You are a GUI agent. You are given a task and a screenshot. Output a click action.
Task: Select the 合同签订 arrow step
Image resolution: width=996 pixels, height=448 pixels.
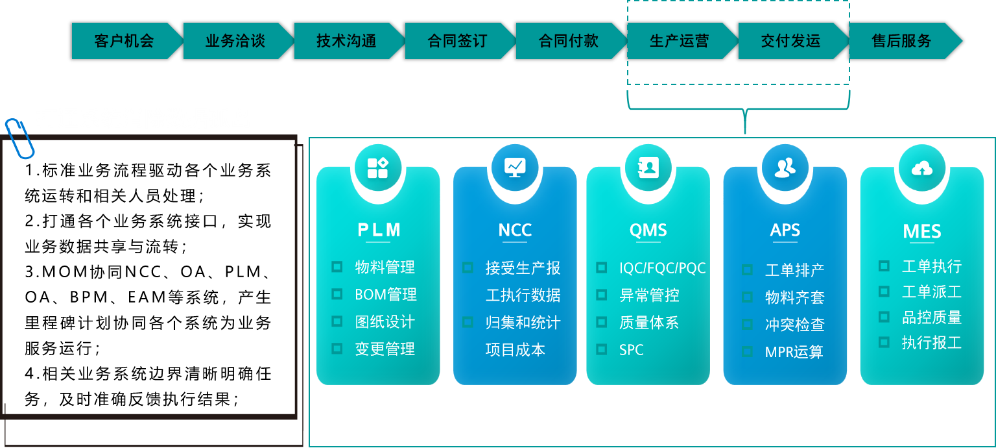457,41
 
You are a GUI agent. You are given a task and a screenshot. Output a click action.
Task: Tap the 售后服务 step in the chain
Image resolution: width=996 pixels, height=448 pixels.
901,41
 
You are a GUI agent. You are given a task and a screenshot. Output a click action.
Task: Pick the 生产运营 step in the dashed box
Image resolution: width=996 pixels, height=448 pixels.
679,41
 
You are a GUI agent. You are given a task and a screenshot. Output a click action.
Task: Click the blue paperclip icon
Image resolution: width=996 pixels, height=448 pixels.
19,138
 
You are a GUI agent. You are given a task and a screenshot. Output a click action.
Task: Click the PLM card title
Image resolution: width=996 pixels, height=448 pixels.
379,230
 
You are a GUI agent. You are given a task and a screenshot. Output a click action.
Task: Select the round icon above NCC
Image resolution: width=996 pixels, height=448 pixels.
516,168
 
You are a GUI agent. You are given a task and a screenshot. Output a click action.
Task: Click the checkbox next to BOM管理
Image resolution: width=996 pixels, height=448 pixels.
337,294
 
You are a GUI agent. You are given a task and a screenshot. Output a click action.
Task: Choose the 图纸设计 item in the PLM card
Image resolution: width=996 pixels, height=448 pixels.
385,322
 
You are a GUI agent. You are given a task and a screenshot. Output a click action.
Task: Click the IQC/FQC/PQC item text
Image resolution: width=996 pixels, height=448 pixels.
662,268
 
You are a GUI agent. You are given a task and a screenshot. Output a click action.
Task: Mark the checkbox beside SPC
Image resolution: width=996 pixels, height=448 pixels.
602,349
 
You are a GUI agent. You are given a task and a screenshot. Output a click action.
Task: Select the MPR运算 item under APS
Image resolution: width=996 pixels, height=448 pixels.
794,352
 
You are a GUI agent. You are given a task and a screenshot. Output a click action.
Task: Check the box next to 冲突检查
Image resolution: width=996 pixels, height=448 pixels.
748,324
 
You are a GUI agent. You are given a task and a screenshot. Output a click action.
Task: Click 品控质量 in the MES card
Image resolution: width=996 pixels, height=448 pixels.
931,317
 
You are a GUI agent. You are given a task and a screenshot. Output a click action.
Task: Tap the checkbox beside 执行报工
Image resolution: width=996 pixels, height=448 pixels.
884,342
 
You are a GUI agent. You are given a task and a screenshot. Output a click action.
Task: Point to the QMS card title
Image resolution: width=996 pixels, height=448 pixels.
648,230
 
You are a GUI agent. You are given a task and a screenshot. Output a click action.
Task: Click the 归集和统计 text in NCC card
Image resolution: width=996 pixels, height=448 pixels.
523,323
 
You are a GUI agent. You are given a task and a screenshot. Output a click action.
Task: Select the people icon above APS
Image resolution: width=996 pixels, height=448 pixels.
785,168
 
